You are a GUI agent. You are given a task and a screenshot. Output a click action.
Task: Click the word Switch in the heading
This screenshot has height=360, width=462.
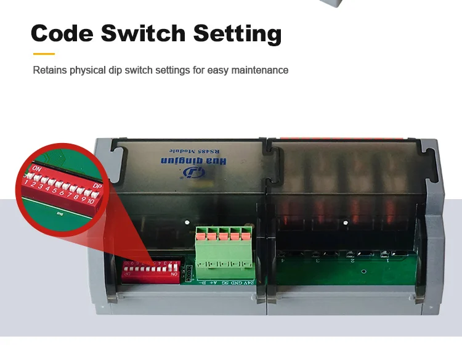coord(143,33)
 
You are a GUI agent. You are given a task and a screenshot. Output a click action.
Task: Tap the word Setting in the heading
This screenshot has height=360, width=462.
coord(237,34)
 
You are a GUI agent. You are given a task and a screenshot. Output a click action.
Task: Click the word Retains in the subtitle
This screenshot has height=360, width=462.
coord(49,70)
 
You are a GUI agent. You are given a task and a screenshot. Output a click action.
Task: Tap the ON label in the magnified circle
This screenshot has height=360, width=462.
coord(38,168)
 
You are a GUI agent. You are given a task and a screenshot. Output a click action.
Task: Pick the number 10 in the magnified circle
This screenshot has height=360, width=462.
coord(91,201)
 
